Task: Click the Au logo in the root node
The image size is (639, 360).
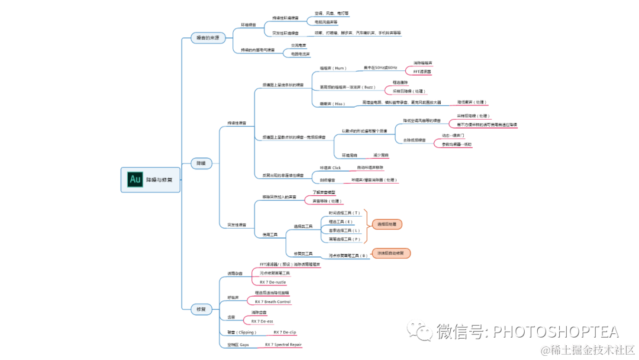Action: (x=135, y=179)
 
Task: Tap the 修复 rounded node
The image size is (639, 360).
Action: (x=201, y=309)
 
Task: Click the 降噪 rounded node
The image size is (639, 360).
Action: (x=201, y=163)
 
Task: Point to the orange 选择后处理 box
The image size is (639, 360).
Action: (x=387, y=224)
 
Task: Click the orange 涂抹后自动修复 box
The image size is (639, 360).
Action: (x=390, y=253)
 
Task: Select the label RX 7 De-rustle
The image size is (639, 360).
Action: (x=273, y=282)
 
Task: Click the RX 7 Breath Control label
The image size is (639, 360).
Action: (x=273, y=302)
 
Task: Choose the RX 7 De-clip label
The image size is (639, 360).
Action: (x=285, y=333)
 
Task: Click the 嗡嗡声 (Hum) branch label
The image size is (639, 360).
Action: (x=332, y=68)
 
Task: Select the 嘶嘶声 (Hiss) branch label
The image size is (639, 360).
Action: (x=332, y=104)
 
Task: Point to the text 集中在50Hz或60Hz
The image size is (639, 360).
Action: (x=380, y=68)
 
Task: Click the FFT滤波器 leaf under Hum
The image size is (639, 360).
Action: (x=422, y=71)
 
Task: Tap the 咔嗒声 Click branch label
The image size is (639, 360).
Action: (x=330, y=168)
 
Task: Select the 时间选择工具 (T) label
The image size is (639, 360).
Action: (x=344, y=213)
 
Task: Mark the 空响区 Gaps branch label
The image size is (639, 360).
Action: (x=238, y=344)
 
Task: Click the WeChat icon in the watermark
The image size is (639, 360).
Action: (x=424, y=332)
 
